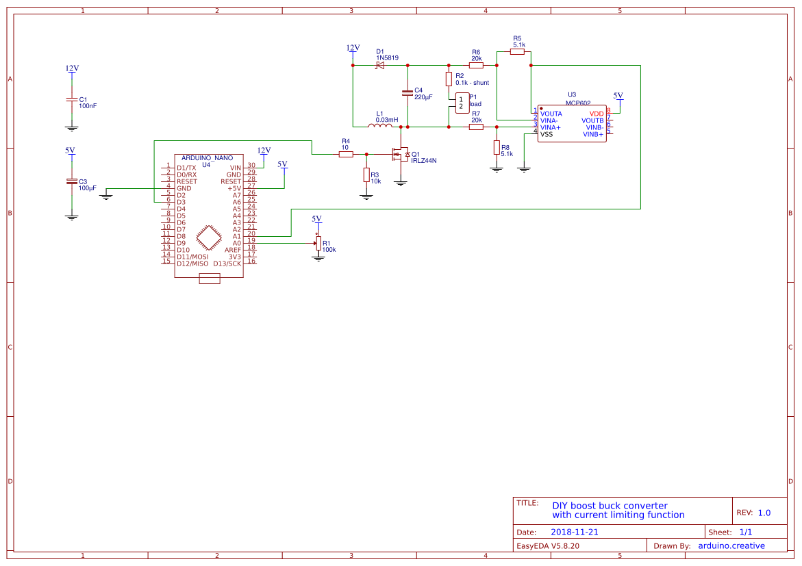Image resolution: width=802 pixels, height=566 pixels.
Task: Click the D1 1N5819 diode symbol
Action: pos(379,66)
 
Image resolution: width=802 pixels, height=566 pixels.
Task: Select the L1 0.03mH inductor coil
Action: pos(379,126)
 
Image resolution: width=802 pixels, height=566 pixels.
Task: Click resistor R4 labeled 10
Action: pos(346,154)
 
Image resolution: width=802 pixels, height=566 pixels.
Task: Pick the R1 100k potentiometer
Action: pos(318,243)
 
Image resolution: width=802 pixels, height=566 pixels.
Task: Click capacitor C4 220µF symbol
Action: pos(408,93)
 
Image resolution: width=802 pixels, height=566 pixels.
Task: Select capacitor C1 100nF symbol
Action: pos(71,100)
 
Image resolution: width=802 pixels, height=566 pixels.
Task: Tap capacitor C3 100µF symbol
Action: pos(71,182)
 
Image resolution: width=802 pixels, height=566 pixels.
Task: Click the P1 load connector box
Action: pos(462,103)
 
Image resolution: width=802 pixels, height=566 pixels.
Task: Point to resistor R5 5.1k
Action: pos(517,51)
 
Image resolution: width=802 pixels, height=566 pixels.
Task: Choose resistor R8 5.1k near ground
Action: pos(497,148)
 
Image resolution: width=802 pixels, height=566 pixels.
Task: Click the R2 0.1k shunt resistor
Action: pos(449,79)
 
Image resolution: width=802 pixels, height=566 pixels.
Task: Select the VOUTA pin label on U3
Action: pos(551,114)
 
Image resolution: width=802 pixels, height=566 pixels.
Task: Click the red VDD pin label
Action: pos(597,114)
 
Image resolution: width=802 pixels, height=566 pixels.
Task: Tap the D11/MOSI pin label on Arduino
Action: pos(192,257)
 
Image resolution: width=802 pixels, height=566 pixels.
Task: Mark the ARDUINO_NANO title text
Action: pos(207,158)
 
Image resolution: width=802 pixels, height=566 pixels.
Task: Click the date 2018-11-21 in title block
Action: pos(574,532)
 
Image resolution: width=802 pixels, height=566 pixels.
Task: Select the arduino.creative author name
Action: pos(731,545)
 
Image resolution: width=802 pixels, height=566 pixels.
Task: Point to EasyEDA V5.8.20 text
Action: pos(548,546)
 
